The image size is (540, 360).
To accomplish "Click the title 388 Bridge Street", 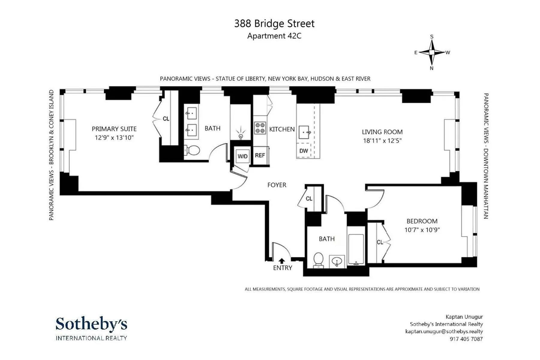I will [x=274, y=24].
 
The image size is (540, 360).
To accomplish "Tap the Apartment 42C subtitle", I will [x=274, y=36].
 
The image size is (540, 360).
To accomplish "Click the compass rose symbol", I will [x=432, y=52].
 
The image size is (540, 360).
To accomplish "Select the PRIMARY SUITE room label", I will [x=114, y=129].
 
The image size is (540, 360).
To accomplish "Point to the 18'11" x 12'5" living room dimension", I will [x=382, y=140].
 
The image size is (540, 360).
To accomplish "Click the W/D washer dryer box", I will [x=242, y=156].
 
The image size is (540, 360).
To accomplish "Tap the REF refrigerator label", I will [x=260, y=155].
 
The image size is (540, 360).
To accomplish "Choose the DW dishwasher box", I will [x=304, y=151].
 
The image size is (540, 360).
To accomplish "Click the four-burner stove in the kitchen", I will [x=260, y=128].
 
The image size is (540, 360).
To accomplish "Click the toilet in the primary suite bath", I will [x=192, y=150].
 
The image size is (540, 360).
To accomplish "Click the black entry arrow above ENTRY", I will [x=282, y=261].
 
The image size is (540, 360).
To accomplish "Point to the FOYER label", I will [x=277, y=185].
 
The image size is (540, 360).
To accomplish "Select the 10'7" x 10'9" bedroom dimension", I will [x=422, y=230].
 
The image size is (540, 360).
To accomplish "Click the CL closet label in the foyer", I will [x=309, y=199].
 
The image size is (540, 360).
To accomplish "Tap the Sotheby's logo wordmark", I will [x=91, y=324].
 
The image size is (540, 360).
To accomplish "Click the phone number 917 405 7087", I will [x=466, y=339].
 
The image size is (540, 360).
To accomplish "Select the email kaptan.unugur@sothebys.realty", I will [x=444, y=331].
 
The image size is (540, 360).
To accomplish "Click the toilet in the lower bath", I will [x=318, y=259].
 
